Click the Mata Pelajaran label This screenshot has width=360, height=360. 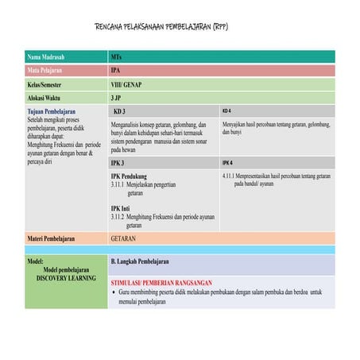(47, 71)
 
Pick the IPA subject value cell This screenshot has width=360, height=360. (116, 71)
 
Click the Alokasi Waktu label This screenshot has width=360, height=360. (46, 98)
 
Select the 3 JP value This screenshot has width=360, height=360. (116, 98)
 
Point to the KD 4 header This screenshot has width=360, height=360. (226, 110)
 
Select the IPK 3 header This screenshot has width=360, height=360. (118, 162)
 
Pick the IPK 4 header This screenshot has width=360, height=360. (227, 162)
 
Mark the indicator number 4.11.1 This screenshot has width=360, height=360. (230, 176)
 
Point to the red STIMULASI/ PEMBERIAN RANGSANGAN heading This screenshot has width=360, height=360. (161, 283)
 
